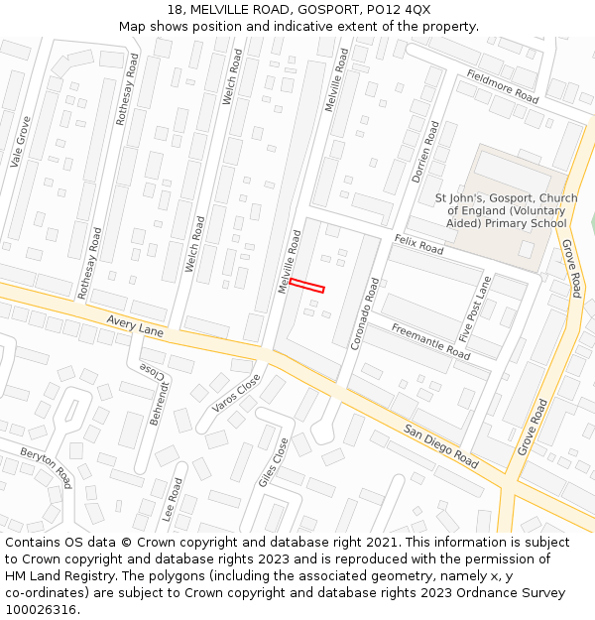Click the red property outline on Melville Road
(306, 286)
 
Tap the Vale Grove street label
(20, 141)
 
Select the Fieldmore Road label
(502, 87)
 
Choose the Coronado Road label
(364, 312)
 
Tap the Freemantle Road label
(430, 341)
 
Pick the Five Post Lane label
(476, 309)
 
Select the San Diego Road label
(440, 446)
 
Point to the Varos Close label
(236, 393)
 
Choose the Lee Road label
(173, 501)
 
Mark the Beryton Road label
(46, 467)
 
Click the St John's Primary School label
(506, 210)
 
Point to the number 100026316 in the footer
(40, 610)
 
